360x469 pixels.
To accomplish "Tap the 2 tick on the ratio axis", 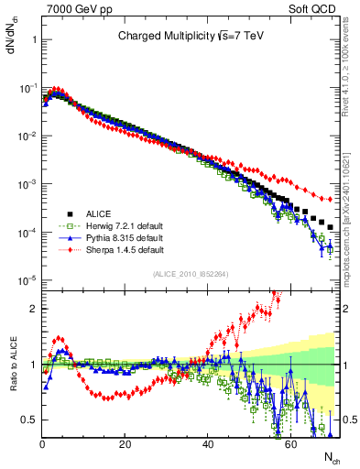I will pos(33,309).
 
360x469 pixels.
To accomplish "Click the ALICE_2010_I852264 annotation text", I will pos(191,274).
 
